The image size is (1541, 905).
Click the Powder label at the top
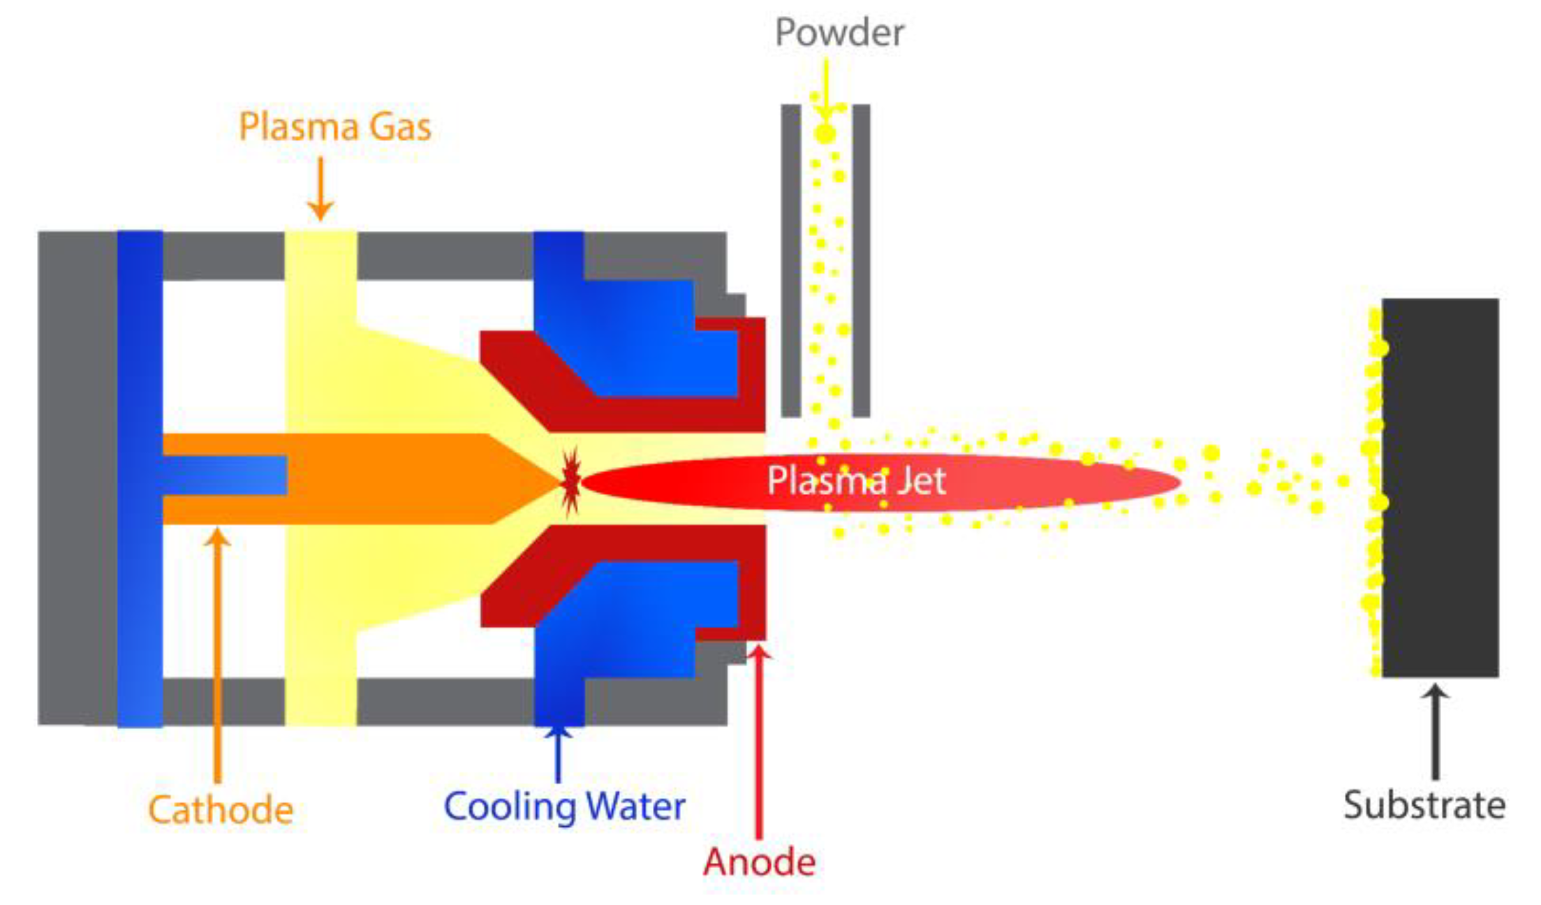coord(839,33)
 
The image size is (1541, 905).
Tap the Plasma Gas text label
coord(335,127)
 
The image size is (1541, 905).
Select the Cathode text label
coord(220,810)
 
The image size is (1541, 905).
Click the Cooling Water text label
coord(564,807)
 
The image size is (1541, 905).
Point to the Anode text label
coord(759,862)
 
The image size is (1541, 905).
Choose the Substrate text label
coord(1424,805)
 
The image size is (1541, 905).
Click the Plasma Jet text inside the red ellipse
coord(856,480)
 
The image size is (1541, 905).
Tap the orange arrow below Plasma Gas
coord(320,189)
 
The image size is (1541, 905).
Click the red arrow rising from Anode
coord(759,740)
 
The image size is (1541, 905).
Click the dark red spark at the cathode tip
coord(570,481)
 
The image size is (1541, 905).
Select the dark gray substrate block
coord(1440,487)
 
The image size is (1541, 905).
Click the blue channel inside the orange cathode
coord(223,476)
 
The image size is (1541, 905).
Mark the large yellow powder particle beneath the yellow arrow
coord(825,133)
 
